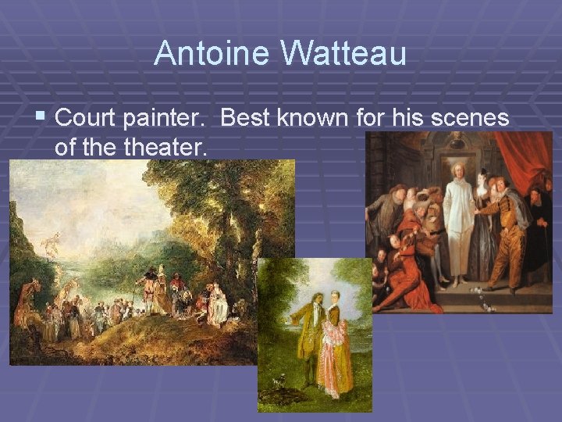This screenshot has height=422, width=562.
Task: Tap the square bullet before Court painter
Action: click(41, 118)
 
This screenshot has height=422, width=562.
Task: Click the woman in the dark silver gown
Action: click(483, 234)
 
